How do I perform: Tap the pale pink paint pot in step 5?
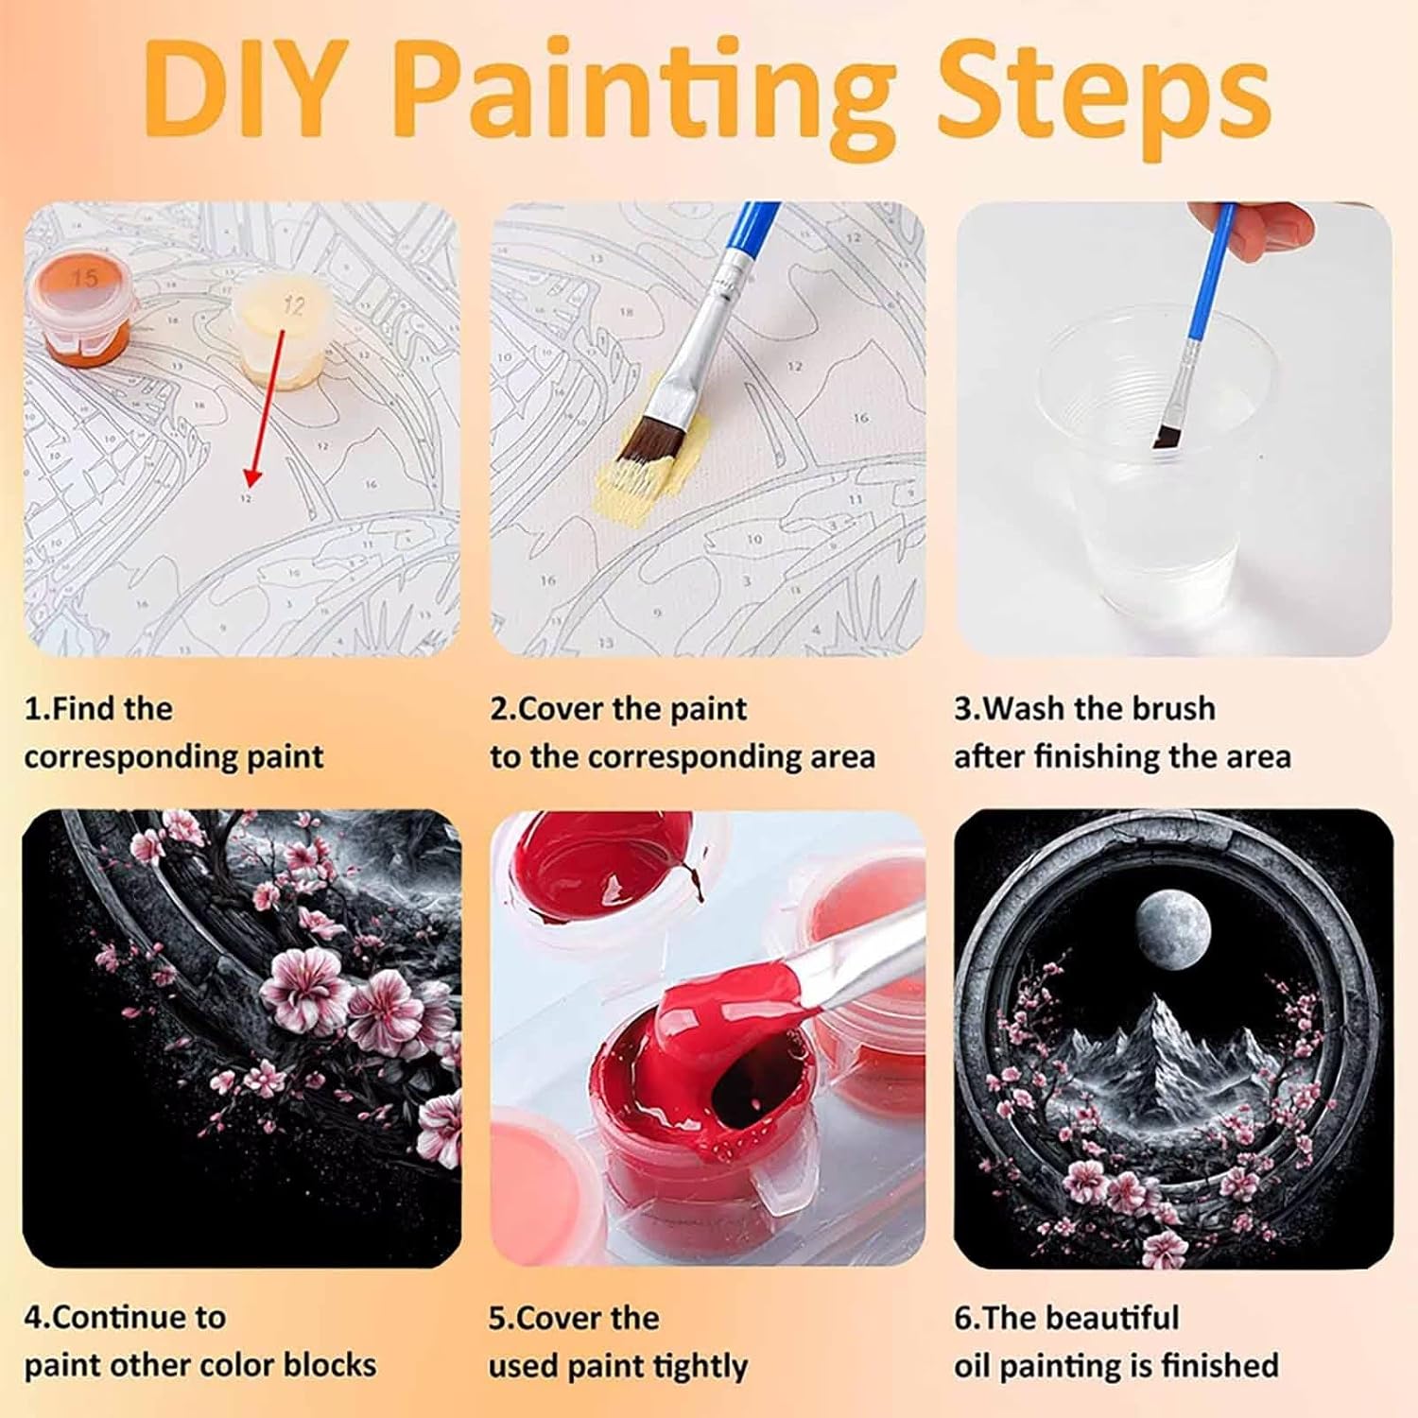[x=539, y=1172]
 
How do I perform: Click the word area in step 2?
[x=839, y=757]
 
